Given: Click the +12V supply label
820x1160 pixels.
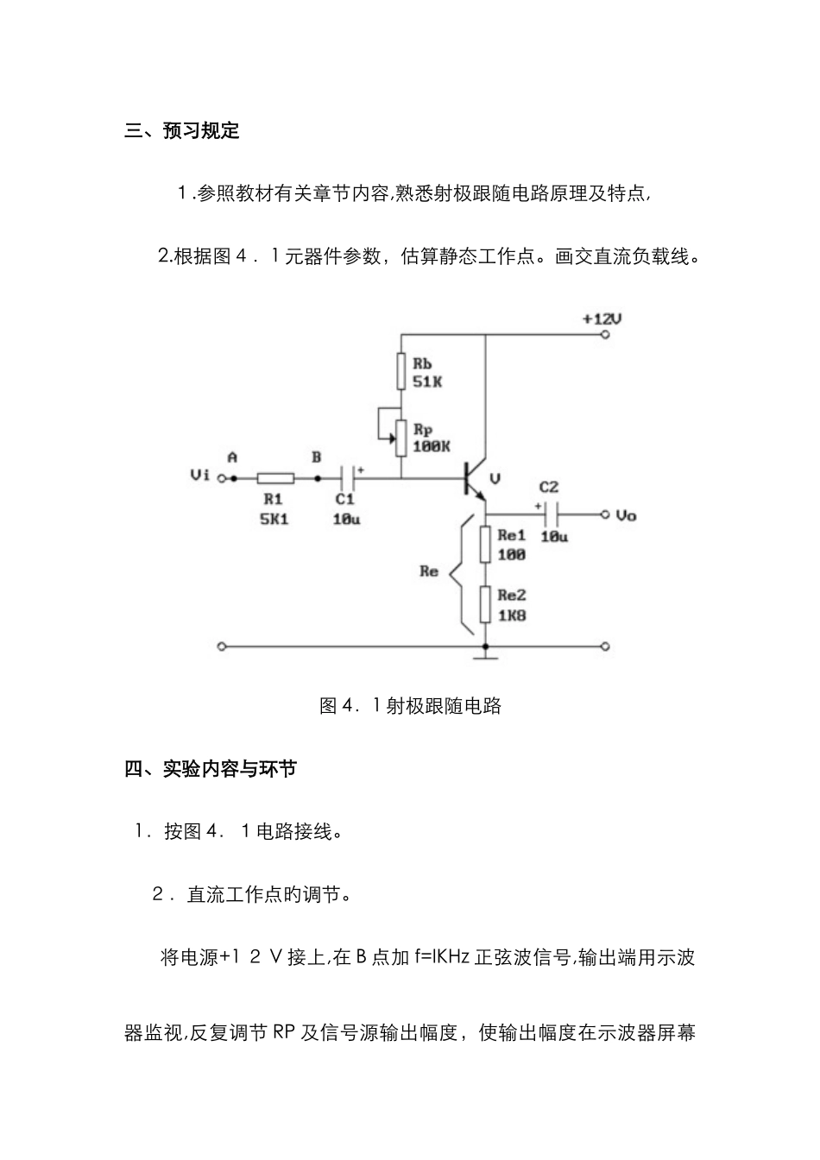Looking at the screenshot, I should (602, 318).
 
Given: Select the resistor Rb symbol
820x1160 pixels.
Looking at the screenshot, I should (401, 371).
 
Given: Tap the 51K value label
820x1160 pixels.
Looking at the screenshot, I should (426, 381).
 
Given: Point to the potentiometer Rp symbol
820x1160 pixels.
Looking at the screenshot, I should (401, 438).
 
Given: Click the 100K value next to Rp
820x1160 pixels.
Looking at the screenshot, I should (431, 446).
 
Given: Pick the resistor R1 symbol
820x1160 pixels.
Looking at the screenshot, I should (275, 477).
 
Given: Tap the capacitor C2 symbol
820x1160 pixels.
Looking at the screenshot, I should (552, 514).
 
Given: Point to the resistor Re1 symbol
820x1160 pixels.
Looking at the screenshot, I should (486, 545).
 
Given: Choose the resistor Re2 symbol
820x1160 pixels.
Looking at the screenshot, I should (486, 605).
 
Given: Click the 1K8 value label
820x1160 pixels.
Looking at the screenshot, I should (512, 615).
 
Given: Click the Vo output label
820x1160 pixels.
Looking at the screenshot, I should (626, 515).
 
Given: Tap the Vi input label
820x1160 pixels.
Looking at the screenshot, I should (199, 476).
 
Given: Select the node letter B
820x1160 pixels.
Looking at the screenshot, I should (317, 457).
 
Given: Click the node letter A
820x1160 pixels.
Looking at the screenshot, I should (232, 457).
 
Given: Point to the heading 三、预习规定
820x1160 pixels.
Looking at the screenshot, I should (182, 131).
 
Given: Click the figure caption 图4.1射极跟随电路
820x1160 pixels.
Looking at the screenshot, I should (410, 706).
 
